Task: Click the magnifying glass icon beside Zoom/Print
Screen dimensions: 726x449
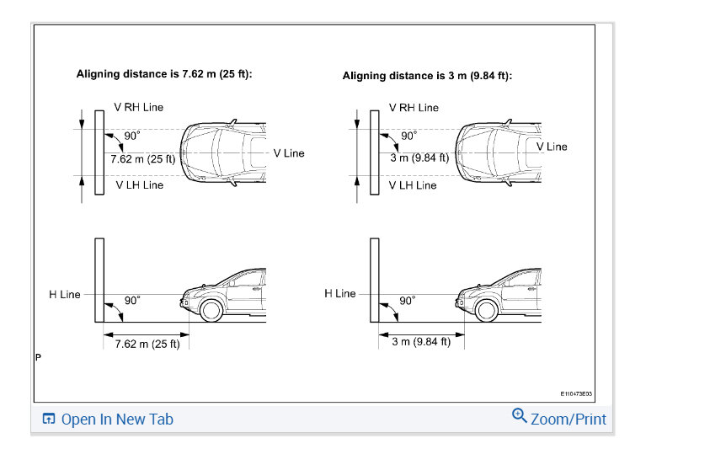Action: pyautogui.click(x=519, y=415)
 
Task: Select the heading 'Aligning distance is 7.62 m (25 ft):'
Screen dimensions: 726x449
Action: pyautogui.click(x=164, y=74)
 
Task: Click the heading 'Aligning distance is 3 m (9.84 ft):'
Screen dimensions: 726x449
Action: pyautogui.click(x=427, y=76)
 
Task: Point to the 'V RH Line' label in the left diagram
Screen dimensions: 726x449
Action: pyautogui.click(x=138, y=107)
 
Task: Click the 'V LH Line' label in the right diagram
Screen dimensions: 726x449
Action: pyautogui.click(x=413, y=185)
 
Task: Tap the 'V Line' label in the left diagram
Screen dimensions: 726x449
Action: pyautogui.click(x=289, y=153)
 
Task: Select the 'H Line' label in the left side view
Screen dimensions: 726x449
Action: pyautogui.click(x=65, y=294)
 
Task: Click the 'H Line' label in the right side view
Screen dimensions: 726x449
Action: pyautogui.click(x=340, y=293)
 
